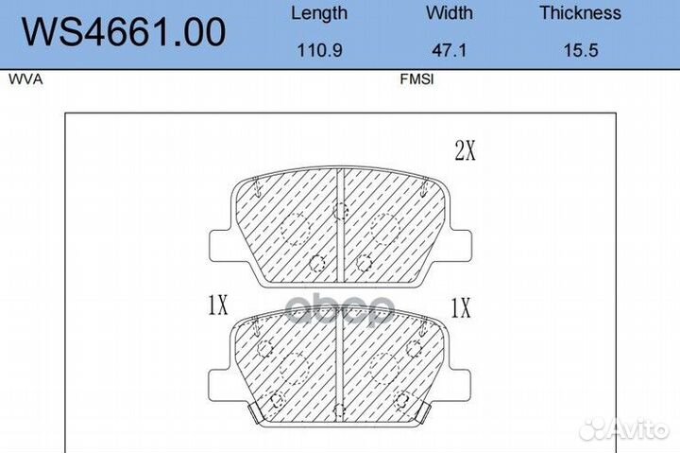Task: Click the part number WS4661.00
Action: [124, 32]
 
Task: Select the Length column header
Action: [319, 13]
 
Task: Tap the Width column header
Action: [450, 12]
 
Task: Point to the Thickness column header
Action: [580, 12]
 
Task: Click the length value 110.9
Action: [319, 50]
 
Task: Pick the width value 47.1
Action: [450, 50]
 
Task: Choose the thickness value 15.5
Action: [581, 50]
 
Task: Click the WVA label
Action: [25, 79]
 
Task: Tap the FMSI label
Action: [416, 79]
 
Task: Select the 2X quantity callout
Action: [465, 151]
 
